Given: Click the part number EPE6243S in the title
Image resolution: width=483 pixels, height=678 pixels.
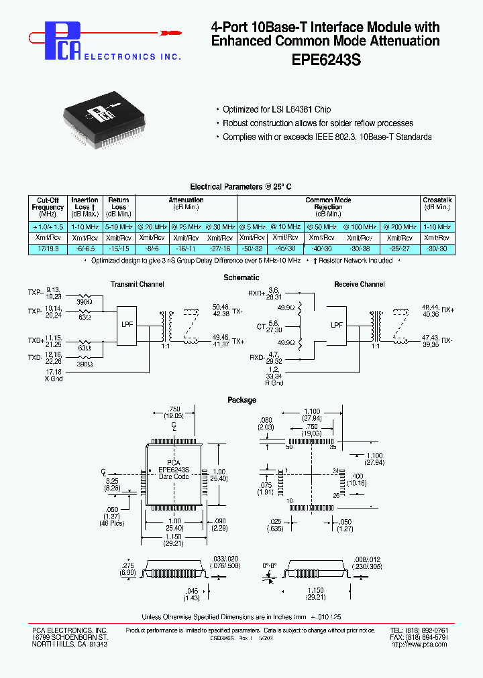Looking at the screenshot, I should [x=326, y=59].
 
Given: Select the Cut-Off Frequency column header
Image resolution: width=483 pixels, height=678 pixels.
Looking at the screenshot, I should [x=48, y=208].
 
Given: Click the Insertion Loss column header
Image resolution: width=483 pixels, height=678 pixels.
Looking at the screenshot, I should [x=85, y=208].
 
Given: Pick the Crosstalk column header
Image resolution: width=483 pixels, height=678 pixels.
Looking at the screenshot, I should [x=437, y=204].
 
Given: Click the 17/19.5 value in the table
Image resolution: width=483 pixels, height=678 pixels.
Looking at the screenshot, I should [x=48, y=248].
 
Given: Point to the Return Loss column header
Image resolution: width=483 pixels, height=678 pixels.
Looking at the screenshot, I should [x=119, y=208].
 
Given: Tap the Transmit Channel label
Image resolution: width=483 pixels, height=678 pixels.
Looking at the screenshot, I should [x=137, y=285].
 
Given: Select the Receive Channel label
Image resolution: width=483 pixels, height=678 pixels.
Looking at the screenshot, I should [x=359, y=285].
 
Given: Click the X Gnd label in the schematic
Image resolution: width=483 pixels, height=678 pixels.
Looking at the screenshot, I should [x=53, y=379].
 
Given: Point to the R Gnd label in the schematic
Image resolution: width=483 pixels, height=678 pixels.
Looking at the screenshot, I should [x=274, y=383].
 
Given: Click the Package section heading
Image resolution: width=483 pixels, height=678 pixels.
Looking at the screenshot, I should [x=241, y=400].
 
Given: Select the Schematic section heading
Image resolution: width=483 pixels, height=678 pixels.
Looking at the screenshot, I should [x=241, y=277].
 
